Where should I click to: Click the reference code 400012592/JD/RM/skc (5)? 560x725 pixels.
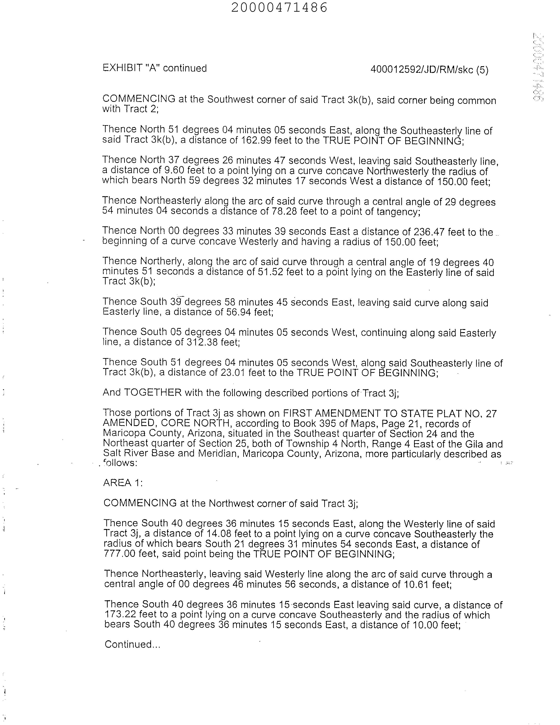point(429,70)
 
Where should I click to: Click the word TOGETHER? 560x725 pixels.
point(153,393)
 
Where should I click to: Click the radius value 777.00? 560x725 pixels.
point(120,553)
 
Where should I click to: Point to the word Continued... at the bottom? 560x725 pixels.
point(133,644)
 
